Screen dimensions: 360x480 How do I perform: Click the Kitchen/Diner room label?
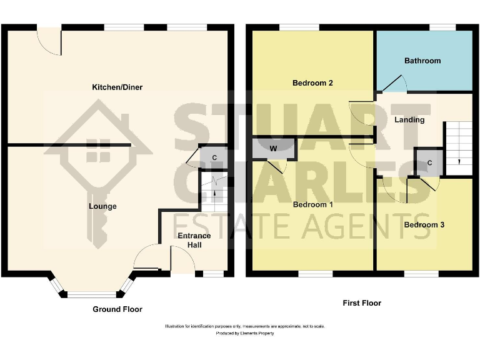click(117, 87)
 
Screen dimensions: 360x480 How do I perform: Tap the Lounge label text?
click(102, 206)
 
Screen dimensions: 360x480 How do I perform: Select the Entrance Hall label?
click(194, 241)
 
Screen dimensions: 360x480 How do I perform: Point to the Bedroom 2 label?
click(312, 83)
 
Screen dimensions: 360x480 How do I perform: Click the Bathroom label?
click(422, 61)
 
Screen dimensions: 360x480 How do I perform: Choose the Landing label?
click(409, 120)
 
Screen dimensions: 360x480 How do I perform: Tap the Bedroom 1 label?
click(312, 205)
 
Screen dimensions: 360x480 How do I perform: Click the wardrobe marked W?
click(273, 149)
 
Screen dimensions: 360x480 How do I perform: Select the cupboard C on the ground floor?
click(214, 157)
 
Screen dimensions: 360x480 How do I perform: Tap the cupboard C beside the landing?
click(429, 163)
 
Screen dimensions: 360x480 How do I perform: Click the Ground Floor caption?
click(117, 309)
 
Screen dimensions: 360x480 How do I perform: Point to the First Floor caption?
click(362, 303)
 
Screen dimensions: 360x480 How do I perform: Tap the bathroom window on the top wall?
click(442, 27)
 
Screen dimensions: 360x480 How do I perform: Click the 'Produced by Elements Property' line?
click(244, 334)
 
